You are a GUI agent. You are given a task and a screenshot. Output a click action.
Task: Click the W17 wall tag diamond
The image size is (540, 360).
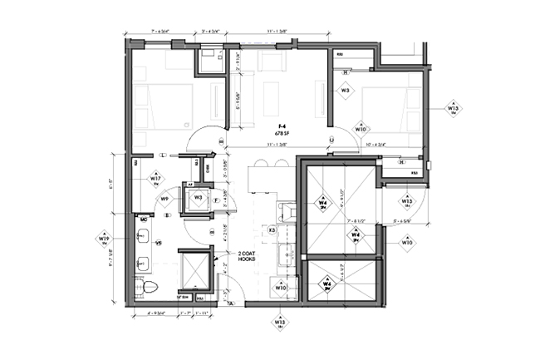(x=155, y=180)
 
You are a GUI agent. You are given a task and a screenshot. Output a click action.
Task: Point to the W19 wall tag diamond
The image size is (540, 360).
(x=105, y=239)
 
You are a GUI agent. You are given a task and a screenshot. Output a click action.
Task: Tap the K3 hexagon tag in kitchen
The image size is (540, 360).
(x=272, y=229)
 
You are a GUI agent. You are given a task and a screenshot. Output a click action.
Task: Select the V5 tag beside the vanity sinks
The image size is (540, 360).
(x=159, y=243)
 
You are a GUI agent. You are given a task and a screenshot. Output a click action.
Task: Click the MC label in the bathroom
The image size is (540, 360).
(x=145, y=219)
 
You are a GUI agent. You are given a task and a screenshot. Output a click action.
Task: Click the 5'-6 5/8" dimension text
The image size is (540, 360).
(x=405, y=221)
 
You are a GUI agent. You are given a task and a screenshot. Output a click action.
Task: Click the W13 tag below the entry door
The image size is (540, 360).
(x=280, y=323)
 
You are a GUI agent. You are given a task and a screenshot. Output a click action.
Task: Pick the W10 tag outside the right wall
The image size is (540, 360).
(x=407, y=242)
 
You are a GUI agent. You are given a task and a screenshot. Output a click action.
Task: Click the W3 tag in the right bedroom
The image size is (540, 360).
(x=345, y=90)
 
